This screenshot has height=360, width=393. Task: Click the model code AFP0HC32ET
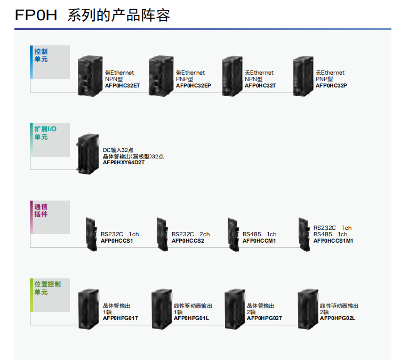123,85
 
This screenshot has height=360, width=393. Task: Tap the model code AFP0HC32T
260,85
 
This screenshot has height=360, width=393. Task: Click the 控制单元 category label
41,55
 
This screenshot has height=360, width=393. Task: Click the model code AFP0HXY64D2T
124,162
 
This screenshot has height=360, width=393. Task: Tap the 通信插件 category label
41,211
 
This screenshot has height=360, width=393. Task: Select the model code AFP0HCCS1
117,241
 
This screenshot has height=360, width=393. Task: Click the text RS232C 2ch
190,234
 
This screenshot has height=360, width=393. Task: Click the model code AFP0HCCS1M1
333,241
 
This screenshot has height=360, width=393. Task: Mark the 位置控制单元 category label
47,289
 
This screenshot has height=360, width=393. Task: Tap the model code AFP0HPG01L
191,318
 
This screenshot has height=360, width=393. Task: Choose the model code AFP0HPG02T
264,318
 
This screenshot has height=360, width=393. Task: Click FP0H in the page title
36,15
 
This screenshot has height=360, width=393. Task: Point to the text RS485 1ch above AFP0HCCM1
260,234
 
